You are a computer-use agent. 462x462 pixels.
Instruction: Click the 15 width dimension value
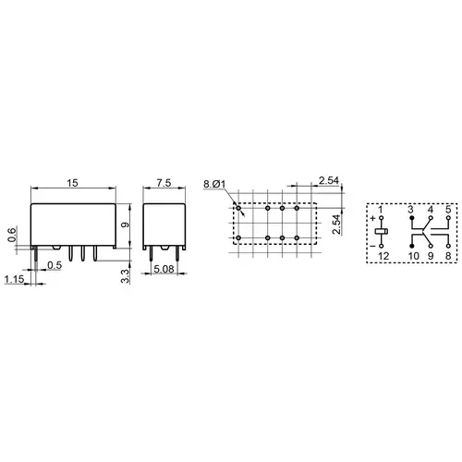pyautogui.click(x=73, y=183)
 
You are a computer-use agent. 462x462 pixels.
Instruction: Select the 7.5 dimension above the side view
pyautogui.click(x=164, y=183)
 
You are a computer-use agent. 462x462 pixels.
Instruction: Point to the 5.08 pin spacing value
pyautogui.click(x=164, y=269)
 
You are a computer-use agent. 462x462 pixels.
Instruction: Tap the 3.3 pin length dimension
pyautogui.click(x=125, y=276)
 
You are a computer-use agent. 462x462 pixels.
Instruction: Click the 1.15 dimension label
pyautogui.click(x=14, y=279)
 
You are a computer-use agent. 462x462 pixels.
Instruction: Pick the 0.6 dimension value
pyautogui.click(x=11, y=235)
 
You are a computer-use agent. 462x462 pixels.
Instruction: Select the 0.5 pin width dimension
pyautogui.click(x=55, y=265)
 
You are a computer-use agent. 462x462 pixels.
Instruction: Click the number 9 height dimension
pyautogui.click(x=125, y=225)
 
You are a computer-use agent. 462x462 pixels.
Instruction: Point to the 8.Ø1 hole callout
pyautogui.click(x=214, y=184)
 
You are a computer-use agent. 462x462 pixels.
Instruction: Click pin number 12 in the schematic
pyautogui.click(x=383, y=256)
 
